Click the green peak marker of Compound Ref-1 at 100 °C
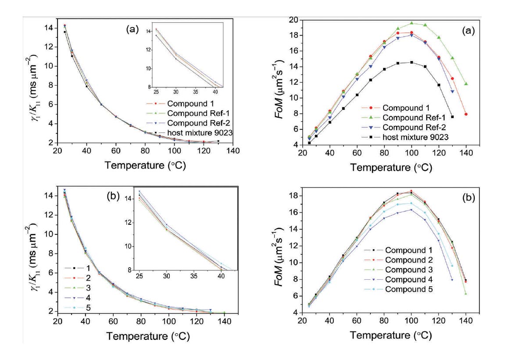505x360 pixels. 412,23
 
